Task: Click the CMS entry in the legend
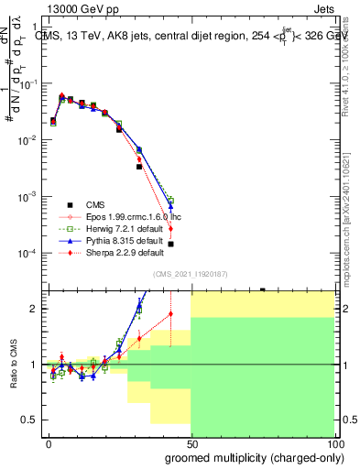[96, 203]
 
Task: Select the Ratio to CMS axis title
[12, 364]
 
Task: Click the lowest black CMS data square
[171, 244]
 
